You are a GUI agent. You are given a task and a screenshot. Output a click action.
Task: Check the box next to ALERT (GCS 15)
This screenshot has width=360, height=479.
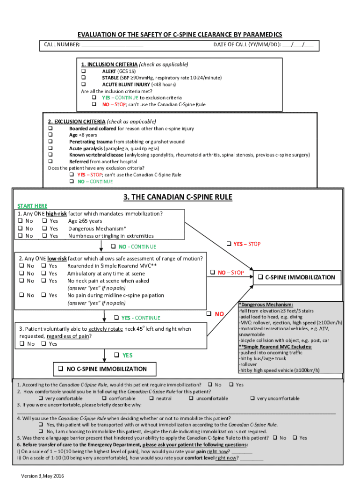pyautogui.click(x=84, y=71)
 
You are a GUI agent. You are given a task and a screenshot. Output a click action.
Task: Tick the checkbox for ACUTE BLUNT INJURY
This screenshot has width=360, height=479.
pyautogui.click(x=84, y=84)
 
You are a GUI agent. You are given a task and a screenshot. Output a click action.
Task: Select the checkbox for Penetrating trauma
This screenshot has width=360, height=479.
pyautogui.click(x=50, y=141)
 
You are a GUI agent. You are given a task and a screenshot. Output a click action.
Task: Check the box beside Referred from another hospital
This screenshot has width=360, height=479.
pyautogui.click(x=50, y=161)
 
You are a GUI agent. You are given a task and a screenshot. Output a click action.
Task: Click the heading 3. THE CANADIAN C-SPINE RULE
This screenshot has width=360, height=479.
pyautogui.click(x=178, y=197)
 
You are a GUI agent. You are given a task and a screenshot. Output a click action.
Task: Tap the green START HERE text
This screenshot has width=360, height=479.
pyautogui.click(x=32, y=206)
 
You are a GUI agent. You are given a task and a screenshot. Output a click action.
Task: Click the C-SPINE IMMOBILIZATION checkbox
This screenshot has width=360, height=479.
pyautogui.click(x=260, y=277)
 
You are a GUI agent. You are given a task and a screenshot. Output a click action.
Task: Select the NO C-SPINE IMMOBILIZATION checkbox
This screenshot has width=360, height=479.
pyautogui.click(x=61, y=369)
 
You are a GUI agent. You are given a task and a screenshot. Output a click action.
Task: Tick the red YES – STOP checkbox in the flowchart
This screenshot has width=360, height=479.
pyautogui.click(x=229, y=244)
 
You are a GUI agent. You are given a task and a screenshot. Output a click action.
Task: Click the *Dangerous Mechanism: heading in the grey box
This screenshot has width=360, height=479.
pyautogui.click(x=266, y=305)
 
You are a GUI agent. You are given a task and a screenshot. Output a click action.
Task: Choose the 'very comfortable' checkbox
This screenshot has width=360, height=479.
pyautogui.click(x=41, y=398)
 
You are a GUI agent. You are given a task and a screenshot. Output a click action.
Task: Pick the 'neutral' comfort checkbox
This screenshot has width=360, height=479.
pyautogui.click(x=151, y=398)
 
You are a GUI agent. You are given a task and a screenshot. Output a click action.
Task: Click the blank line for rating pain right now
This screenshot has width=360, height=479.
pyautogui.click(x=242, y=452)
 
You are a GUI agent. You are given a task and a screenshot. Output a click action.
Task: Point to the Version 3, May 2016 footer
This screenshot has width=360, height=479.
pyautogui.click(x=42, y=476)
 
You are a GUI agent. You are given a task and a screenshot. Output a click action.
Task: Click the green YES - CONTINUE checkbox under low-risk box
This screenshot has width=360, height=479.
pyautogui.click(x=116, y=318)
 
